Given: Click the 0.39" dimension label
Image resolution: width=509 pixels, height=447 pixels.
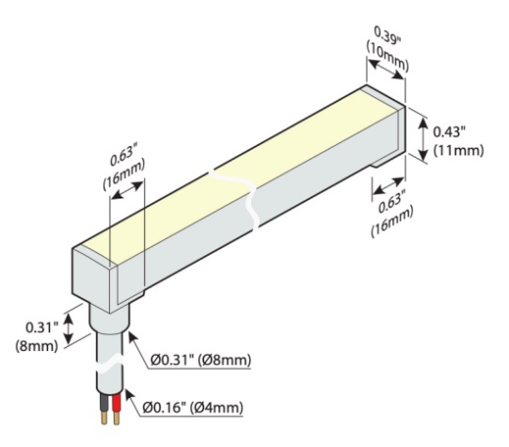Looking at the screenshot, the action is (388, 36).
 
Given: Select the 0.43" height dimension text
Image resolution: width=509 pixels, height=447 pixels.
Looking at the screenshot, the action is (450, 132).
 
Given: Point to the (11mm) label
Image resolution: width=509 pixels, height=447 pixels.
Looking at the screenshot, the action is (459, 151).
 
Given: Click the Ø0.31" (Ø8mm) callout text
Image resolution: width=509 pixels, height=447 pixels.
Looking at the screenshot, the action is (201, 359).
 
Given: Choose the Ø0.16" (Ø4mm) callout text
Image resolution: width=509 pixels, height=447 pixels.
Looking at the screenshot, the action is (193, 407).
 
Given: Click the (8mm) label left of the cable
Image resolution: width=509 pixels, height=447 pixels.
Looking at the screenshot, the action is (37, 346).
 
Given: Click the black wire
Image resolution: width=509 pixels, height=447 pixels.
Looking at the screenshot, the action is (104, 403).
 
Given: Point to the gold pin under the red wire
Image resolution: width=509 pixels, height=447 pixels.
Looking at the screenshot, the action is (117, 418).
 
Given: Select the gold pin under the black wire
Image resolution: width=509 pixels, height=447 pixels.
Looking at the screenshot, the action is (104, 418).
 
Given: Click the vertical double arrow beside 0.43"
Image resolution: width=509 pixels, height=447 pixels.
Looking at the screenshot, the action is (423, 139).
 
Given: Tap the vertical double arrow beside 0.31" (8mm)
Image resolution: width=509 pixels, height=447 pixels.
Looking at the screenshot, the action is (68, 328).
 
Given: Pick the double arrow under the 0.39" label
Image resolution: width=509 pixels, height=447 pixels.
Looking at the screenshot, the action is (387, 69).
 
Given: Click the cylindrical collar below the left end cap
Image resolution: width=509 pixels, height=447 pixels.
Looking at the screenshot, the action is (109, 319).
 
